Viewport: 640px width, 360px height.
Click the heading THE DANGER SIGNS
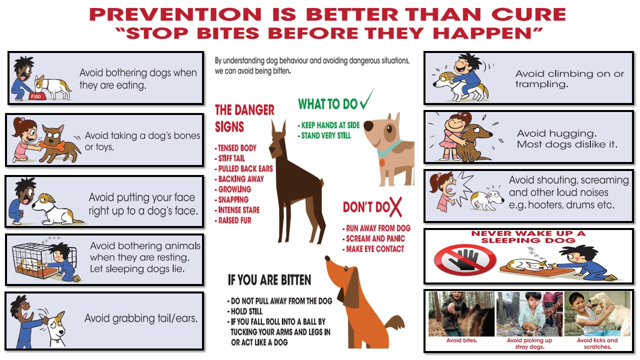[244, 118]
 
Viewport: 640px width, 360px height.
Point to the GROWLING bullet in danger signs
[234, 189]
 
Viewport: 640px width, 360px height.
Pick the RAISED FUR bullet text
[234, 220]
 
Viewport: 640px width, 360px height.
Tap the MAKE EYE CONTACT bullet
[374, 249]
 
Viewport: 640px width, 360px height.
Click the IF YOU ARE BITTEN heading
[269, 280]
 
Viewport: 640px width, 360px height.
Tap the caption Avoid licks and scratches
[597, 343]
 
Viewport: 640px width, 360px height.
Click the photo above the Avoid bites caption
[461, 314]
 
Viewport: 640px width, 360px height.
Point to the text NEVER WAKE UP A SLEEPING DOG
[528, 237]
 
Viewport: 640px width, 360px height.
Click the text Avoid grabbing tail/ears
[140, 318]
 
